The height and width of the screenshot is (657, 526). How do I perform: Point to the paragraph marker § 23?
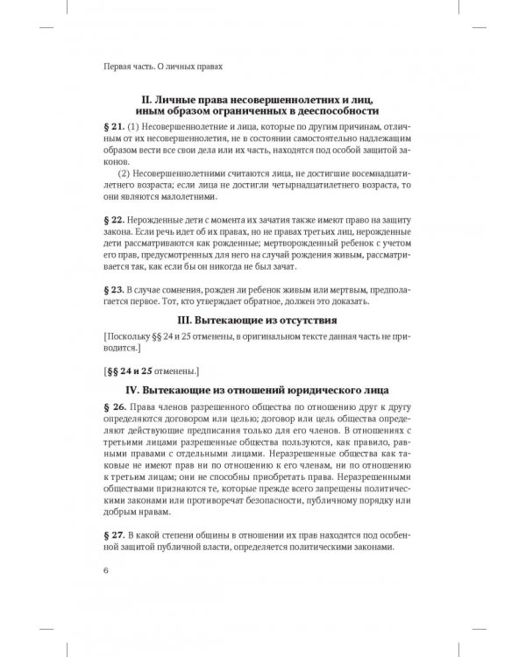point(115,288)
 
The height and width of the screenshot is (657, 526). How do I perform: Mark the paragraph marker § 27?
point(115,535)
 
